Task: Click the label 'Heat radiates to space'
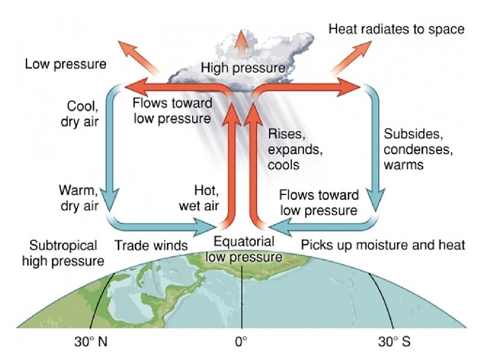coord(397,29)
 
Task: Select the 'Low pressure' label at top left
coord(66,63)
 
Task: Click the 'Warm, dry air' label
coord(78,198)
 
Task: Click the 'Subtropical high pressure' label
coord(63,253)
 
